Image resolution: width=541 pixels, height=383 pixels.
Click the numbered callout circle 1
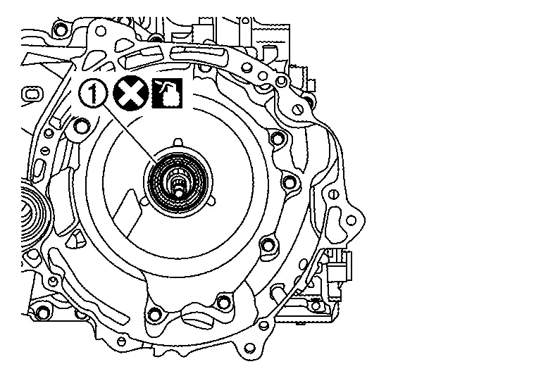point(93,94)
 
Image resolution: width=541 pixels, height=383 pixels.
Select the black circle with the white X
point(131,93)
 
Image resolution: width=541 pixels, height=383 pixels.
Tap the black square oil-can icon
point(167,93)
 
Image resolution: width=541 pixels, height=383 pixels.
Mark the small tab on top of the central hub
point(178,142)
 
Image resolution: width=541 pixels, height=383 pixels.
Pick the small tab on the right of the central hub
point(212,202)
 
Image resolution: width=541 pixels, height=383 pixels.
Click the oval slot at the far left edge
point(32,94)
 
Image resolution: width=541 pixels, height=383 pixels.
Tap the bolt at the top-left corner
point(61,29)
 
